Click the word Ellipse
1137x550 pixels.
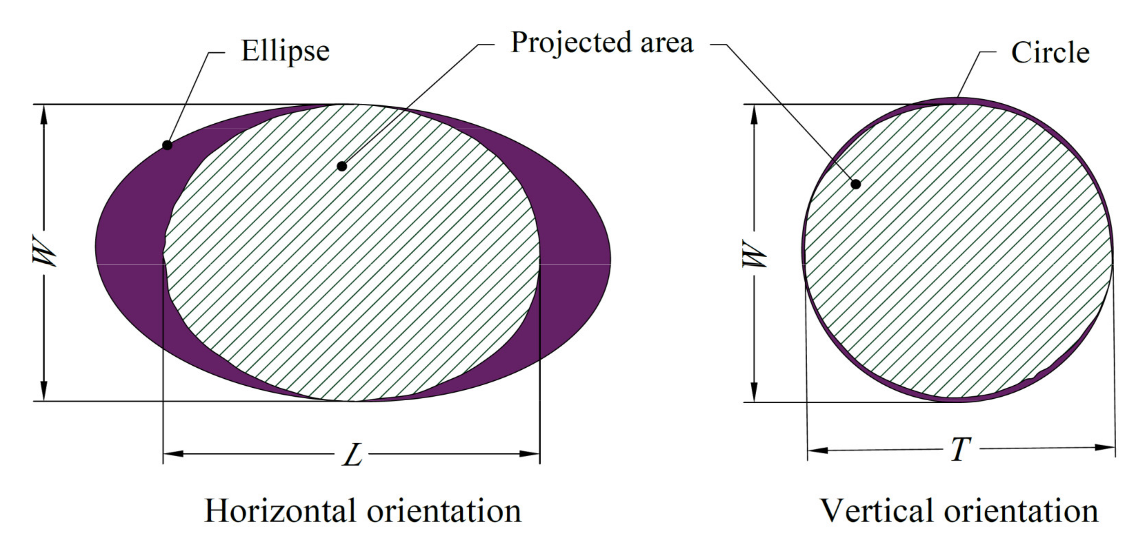[285, 52]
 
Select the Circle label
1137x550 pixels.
[1050, 53]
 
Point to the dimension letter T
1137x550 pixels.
[960, 449]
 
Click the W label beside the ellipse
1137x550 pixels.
[44, 253]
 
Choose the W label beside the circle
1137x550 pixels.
[754, 254]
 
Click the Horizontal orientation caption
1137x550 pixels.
[362, 511]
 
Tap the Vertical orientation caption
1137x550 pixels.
[959, 511]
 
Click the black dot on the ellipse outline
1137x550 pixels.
[167, 145]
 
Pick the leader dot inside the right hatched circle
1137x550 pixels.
[855, 184]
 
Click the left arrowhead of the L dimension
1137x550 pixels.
[173, 454]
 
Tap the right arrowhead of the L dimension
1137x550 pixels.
[530, 454]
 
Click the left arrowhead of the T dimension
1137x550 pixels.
[817, 451]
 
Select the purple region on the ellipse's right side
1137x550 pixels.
[574, 256]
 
